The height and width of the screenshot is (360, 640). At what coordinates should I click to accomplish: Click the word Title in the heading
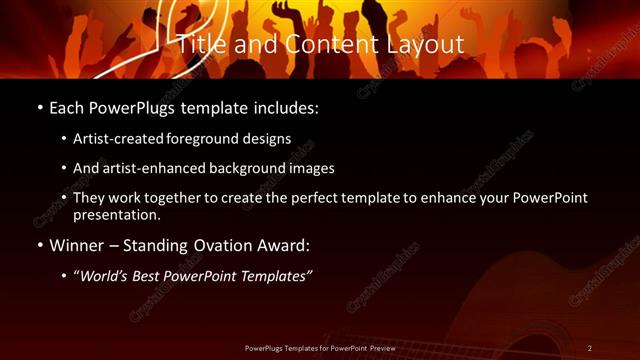[x=203, y=45]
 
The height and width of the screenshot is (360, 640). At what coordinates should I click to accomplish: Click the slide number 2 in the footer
[x=589, y=348]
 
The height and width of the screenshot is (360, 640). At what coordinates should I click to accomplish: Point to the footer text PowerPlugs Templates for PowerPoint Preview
[x=320, y=348]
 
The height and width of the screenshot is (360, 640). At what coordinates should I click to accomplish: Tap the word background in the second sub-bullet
[x=254, y=168]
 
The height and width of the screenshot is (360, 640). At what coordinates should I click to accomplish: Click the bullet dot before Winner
[x=39, y=243]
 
